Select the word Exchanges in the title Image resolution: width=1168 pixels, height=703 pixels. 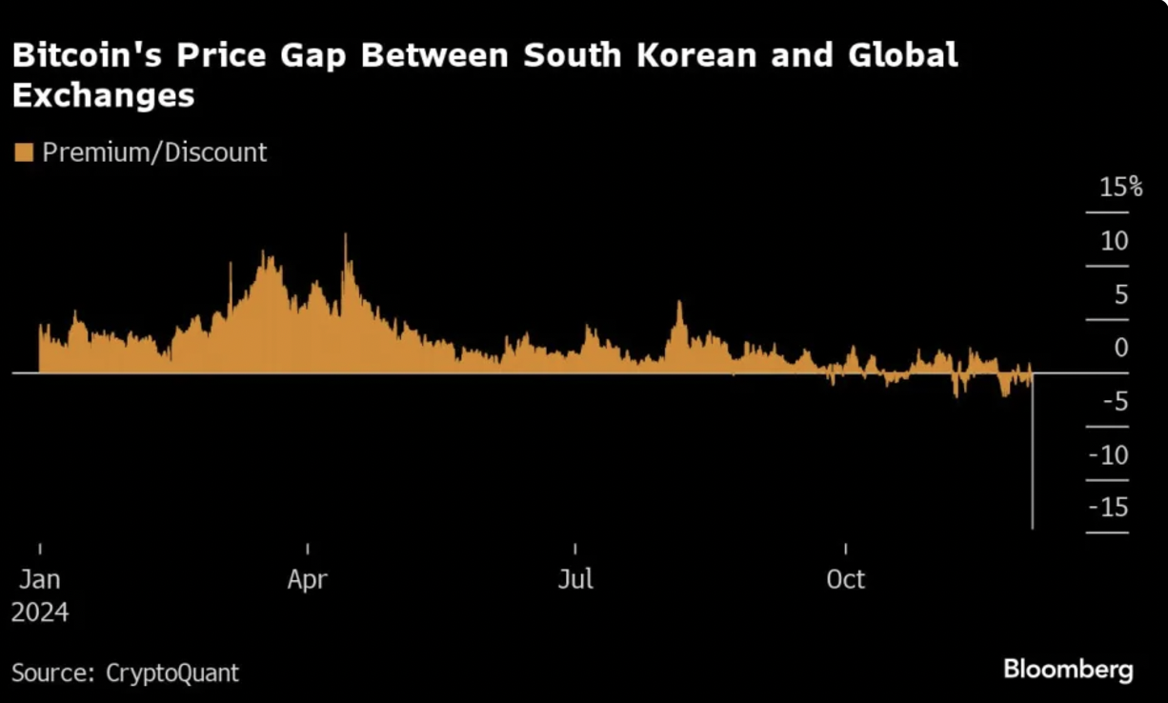[103, 95]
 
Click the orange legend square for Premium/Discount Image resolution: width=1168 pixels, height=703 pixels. [24, 152]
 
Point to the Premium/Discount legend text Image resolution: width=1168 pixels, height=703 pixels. [154, 152]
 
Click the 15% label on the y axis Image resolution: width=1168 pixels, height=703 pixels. [1119, 187]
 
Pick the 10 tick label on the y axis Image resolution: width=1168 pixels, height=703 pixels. [1114, 240]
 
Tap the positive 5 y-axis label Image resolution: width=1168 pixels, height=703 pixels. [1120, 293]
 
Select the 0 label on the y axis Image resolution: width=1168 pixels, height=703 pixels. [1120, 347]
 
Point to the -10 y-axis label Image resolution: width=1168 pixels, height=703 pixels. [1110, 454]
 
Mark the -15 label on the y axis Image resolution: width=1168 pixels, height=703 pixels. [1110, 507]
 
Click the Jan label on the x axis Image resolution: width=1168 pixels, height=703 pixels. [40, 579]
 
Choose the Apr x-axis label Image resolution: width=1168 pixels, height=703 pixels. [308, 579]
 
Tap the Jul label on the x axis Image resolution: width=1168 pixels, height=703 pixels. [575, 579]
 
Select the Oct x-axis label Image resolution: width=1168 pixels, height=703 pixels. [845, 579]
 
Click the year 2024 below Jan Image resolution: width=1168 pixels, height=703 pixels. [40, 612]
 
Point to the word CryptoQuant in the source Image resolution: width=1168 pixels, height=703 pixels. [171, 673]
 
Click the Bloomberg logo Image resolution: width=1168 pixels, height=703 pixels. [1068, 669]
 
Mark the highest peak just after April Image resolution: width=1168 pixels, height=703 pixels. [345, 235]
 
